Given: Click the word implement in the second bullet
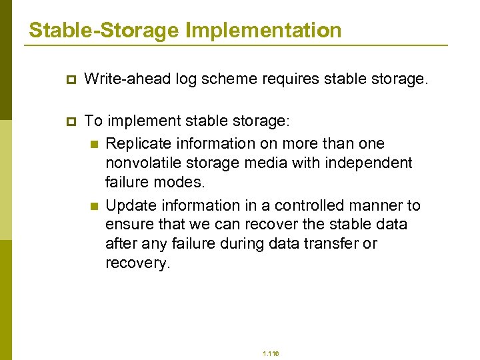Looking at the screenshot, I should click(x=138, y=121).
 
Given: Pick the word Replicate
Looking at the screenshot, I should click(x=139, y=143).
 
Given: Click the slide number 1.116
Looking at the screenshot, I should click(x=271, y=353).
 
